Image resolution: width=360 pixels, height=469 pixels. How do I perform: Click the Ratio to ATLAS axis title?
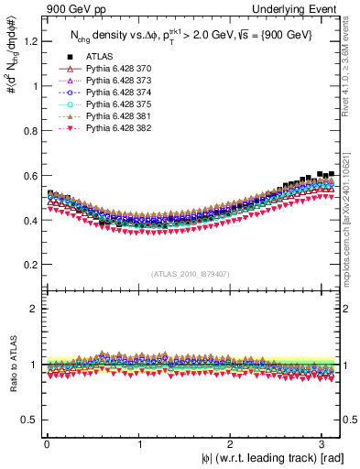pos(12,365)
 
